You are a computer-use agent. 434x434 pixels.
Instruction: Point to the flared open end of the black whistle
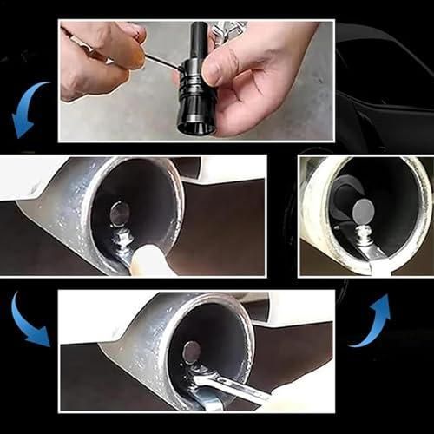195,124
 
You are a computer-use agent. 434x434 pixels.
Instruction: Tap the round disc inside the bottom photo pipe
192,352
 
